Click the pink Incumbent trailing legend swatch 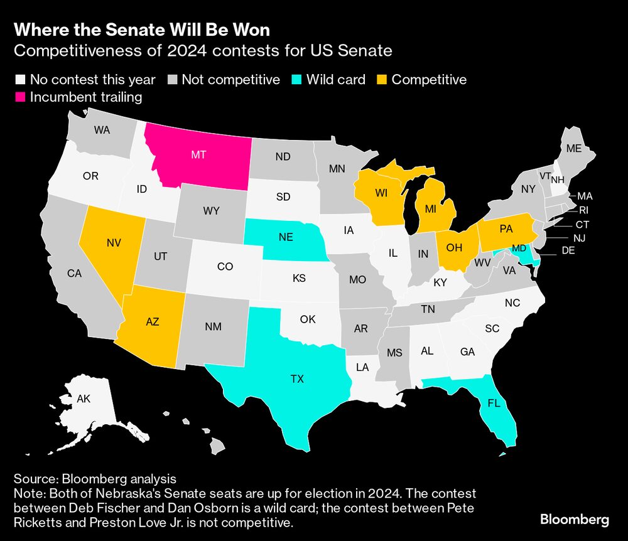[20, 97]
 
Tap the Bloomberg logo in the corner [574, 520]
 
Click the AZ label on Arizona [152, 321]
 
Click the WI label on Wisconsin [381, 193]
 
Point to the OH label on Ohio [454, 247]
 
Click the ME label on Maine [573, 149]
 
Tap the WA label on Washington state [102, 130]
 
